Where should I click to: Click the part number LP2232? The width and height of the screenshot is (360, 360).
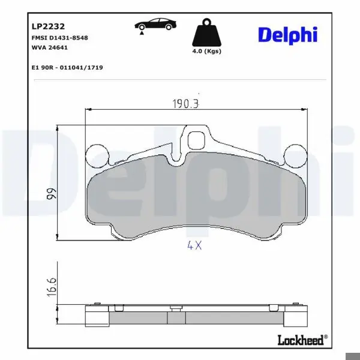pyautogui.click(x=48, y=26)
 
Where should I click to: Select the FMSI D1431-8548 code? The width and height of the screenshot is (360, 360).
pyautogui.click(x=59, y=38)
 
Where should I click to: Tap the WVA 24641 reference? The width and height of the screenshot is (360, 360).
pyautogui.click(x=50, y=47)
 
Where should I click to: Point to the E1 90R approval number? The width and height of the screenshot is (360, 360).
pyautogui.click(x=67, y=67)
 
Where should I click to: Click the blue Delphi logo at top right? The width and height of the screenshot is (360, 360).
pyautogui.click(x=287, y=35)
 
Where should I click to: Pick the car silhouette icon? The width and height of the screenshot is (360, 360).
pyautogui.click(x=155, y=24)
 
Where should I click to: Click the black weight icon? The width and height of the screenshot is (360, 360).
pyautogui.click(x=206, y=32)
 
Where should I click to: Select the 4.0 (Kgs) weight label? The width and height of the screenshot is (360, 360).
pyautogui.click(x=206, y=51)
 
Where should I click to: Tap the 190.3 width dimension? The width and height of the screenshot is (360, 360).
pyautogui.click(x=185, y=104)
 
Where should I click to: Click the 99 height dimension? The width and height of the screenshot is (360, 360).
pyautogui.click(x=51, y=194)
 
